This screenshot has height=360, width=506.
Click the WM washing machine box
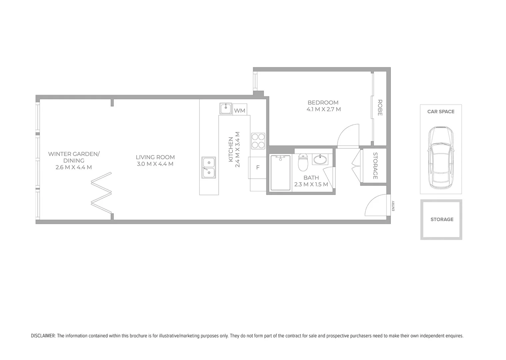(240, 110)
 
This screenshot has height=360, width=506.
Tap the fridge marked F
(258, 167)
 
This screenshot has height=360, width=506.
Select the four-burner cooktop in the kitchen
(258, 141)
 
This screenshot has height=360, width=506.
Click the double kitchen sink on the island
(209, 168)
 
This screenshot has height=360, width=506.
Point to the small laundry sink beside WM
(226, 109)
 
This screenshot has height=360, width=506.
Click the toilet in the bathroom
(303, 162)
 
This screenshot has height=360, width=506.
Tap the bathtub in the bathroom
(280, 172)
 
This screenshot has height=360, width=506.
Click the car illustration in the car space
(441, 157)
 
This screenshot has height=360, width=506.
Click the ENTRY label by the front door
(393, 206)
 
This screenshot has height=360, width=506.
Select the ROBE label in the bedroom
(380, 107)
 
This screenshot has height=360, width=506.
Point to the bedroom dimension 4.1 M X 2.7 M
(323, 109)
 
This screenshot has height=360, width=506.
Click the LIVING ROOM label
(155, 157)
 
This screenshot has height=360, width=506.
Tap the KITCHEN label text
(231, 150)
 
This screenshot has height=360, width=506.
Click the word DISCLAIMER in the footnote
(43, 336)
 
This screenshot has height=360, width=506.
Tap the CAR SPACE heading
(441, 112)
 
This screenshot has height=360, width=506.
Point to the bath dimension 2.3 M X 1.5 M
(311, 184)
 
